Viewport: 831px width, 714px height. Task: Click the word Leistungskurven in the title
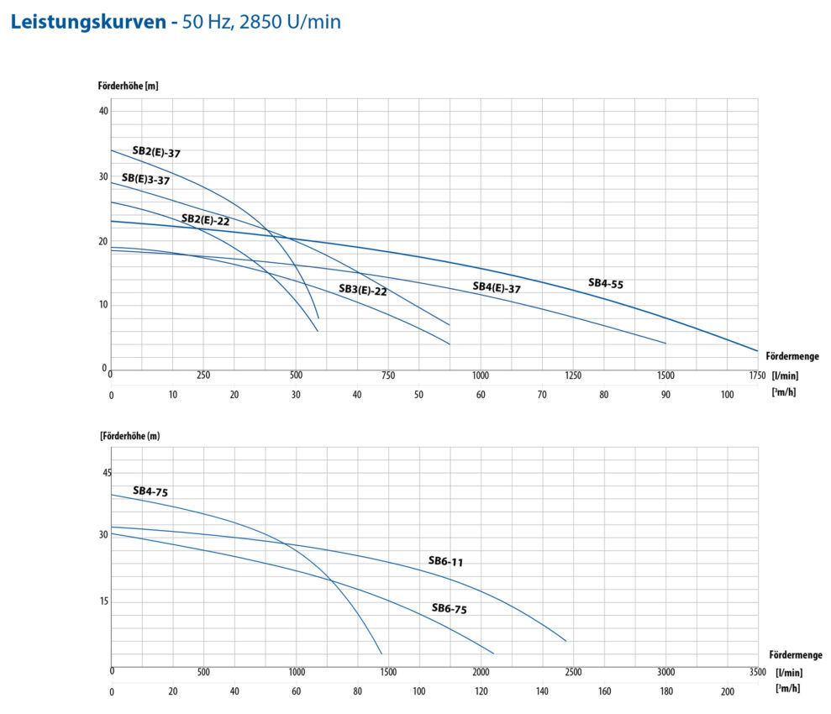click(x=88, y=22)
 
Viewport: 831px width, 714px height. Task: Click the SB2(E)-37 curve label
click(x=156, y=153)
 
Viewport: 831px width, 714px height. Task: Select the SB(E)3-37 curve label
click(x=145, y=179)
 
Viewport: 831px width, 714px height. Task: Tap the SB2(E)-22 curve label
click(x=205, y=220)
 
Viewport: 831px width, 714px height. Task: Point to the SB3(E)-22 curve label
click(x=362, y=290)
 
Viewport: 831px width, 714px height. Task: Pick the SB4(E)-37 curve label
click(x=497, y=287)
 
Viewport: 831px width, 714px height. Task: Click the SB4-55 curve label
click(x=605, y=284)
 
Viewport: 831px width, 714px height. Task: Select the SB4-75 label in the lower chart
click(x=151, y=491)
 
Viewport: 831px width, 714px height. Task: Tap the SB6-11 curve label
click(x=445, y=561)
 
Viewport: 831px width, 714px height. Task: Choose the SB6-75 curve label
click(x=449, y=609)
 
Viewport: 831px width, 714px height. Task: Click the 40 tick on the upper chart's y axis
click(x=103, y=111)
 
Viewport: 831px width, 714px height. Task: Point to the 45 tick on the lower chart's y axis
click(x=107, y=473)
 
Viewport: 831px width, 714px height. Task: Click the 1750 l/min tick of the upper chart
click(x=757, y=376)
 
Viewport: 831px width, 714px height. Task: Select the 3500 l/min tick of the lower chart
click(x=757, y=672)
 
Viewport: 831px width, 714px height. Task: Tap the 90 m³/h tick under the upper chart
click(x=665, y=394)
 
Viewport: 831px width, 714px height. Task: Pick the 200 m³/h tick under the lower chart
click(x=727, y=690)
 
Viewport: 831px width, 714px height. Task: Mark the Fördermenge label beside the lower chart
click(x=795, y=655)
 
